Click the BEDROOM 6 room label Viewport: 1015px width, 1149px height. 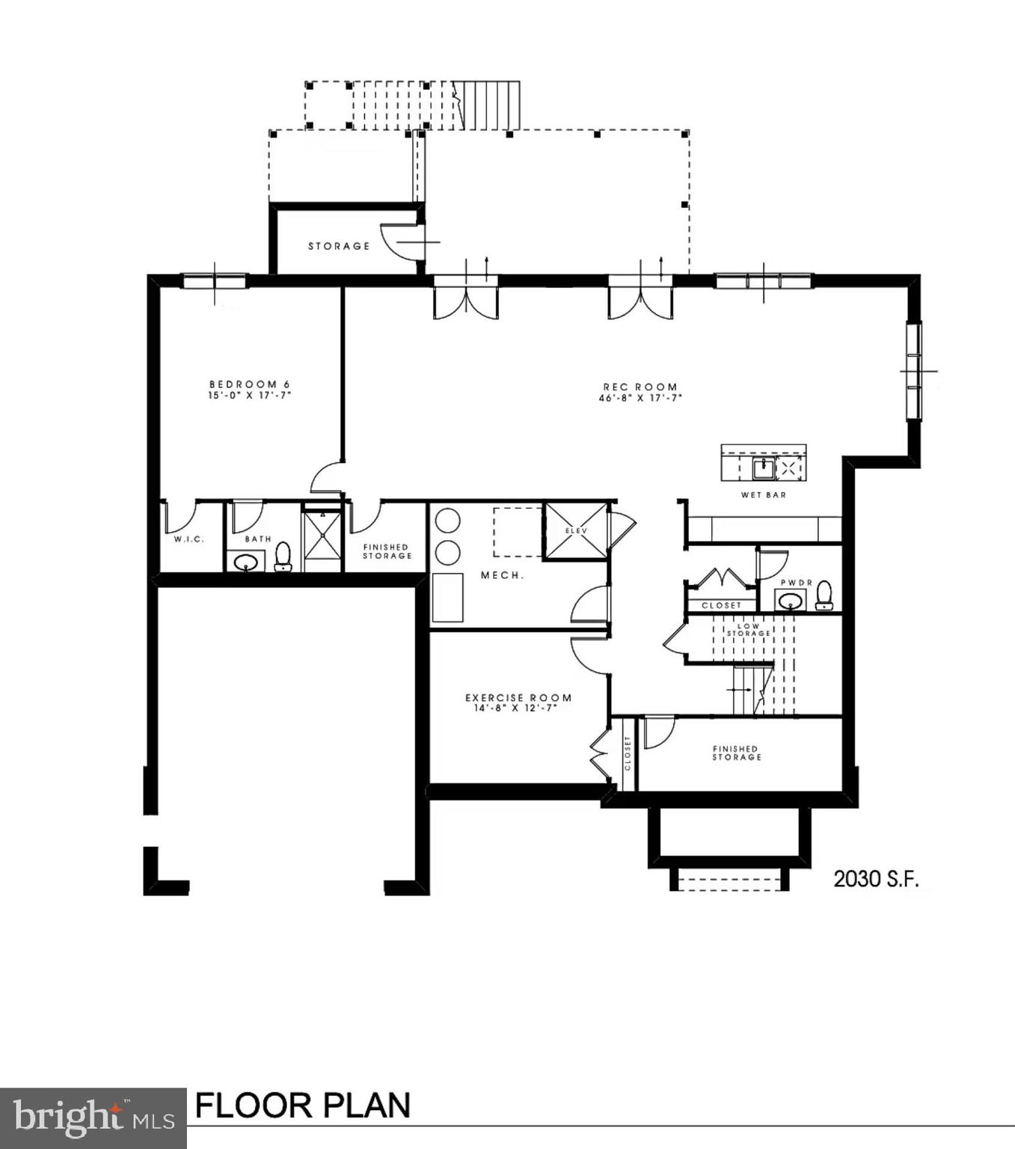click(x=249, y=384)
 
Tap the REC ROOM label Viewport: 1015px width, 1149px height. click(x=640, y=387)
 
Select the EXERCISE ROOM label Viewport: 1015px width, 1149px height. click(x=518, y=697)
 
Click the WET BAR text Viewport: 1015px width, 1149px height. click(x=763, y=494)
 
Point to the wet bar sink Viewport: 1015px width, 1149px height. click(x=762, y=469)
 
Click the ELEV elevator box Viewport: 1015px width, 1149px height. click(x=576, y=531)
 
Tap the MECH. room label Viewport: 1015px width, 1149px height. click(x=502, y=575)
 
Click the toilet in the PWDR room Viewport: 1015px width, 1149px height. click(x=824, y=595)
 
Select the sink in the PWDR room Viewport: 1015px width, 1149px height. click(x=790, y=600)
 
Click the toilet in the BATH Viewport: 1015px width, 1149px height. click(x=283, y=557)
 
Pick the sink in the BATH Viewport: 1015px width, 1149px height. click(x=245, y=562)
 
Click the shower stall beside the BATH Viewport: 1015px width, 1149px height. click(x=322, y=536)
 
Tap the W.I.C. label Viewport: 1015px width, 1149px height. click(x=188, y=539)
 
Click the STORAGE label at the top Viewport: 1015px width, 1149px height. click(x=339, y=245)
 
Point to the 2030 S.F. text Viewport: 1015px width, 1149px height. click(x=876, y=879)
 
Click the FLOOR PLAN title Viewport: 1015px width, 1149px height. click(x=303, y=1105)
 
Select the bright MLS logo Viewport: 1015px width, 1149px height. click(x=93, y=1118)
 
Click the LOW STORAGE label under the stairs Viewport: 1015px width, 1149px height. click(x=748, y=630)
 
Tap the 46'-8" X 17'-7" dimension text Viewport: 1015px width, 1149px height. click(x=640, y=398)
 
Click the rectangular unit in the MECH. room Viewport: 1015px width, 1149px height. click(x=447, y=597)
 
